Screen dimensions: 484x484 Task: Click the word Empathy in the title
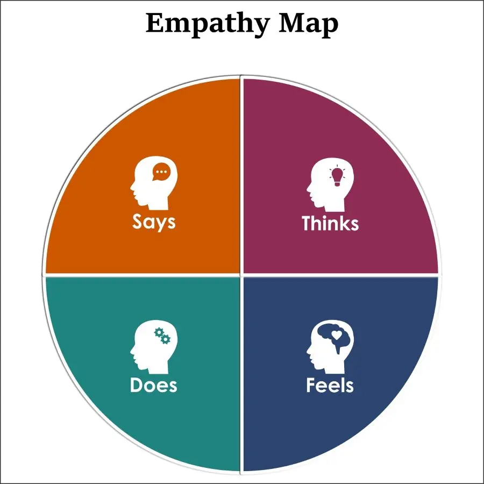point(208,24)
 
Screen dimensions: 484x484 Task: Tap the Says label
point(154,222)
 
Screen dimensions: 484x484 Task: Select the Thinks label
point(330,223)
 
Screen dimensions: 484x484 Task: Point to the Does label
point(153,385)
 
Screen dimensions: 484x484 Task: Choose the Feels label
point(330,385)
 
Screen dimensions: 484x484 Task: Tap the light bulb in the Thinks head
point(337,175)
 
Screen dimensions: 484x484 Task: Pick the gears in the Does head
point(162,336)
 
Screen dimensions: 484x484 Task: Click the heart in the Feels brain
point(337,334)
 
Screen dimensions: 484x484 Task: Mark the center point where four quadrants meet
point(241,275)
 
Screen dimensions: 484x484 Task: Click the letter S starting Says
point(138,222)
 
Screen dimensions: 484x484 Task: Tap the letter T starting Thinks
point(307,223)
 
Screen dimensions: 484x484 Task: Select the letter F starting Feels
point(311,385)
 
